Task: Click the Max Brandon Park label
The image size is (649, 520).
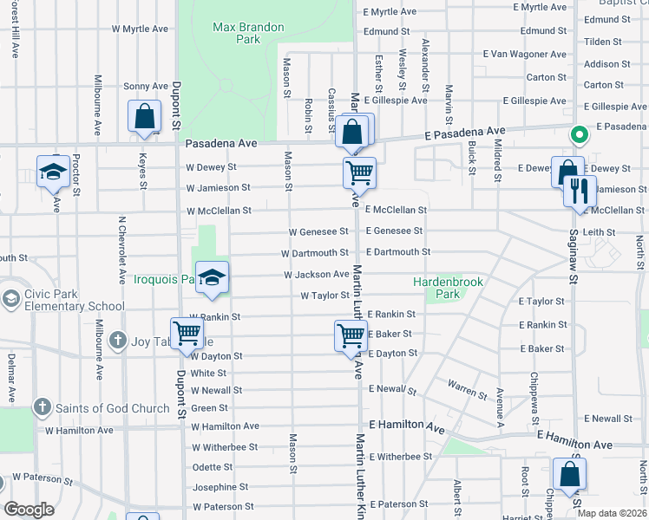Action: point(248,33)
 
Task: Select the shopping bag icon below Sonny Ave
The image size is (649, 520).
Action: point(144,117)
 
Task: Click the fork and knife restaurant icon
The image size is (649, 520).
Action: point(580,191)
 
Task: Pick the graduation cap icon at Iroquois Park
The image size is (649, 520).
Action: point(212,278)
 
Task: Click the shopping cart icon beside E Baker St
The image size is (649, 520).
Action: point(351,335)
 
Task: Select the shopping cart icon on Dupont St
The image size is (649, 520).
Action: point(187,333)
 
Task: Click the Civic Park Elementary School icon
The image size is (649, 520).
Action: point(10,298)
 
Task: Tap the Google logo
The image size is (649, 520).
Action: point(29,509)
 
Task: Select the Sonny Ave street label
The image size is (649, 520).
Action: point(146,86)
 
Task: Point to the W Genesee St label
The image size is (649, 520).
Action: point(318,231)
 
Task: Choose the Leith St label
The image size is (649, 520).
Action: point(600,232)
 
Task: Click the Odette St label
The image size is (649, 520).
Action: point(212,467)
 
